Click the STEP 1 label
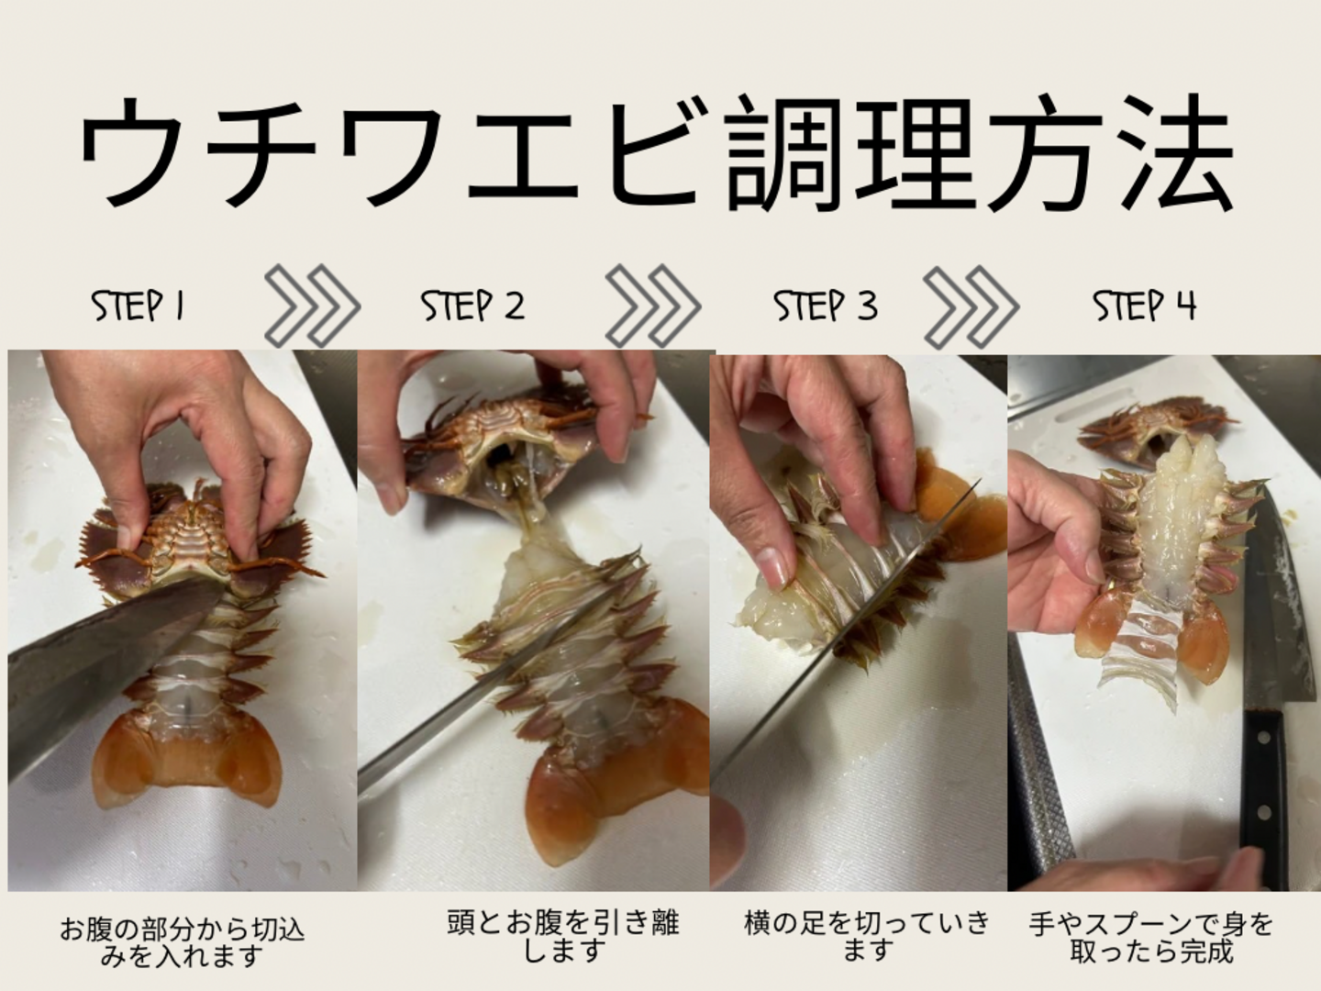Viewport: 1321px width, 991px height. [x=138, y=306]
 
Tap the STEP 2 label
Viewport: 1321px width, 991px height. [x=472, y=306]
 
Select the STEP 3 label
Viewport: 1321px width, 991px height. [x=825, y=306]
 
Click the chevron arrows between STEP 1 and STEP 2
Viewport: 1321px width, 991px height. [x=312, y=306]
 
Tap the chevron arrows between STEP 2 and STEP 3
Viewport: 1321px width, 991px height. [x=653, y=306]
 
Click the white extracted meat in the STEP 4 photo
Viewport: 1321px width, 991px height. [x=1171, y=529]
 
